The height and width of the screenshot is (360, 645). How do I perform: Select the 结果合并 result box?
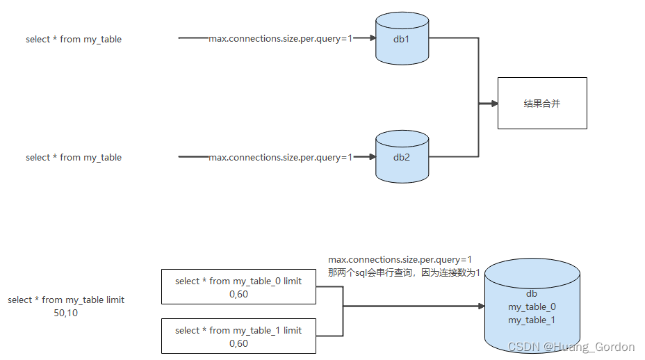[542, 103]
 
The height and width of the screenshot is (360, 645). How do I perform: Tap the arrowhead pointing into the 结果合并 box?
[494, 104]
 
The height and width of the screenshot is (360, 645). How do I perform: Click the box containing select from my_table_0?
[238, 287]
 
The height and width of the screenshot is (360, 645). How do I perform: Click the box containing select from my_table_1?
[238, 336]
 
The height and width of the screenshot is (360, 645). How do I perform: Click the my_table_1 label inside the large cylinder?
[532, 320]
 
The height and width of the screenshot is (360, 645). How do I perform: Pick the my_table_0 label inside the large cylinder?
[532, 306]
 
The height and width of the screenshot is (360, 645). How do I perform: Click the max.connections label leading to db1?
[281, 39]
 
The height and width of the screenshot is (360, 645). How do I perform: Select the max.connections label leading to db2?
[281, 157]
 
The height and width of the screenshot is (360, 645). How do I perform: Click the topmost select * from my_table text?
[74, 40]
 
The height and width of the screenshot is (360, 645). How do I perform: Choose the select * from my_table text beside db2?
[74, 158]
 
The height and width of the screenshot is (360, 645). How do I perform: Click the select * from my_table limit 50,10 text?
[66, 306]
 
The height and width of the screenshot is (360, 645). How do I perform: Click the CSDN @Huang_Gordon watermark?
[571, 347]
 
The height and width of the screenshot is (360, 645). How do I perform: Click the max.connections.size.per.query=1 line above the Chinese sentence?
[400, 260]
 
